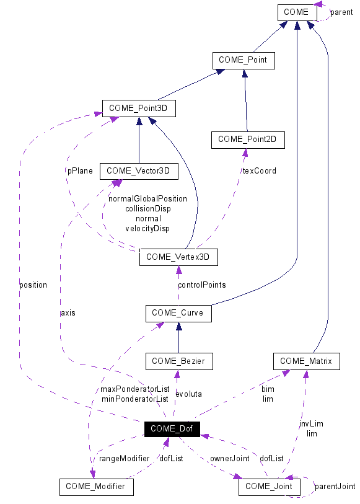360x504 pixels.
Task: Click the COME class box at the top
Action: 296,12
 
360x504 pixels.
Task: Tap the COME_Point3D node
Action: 139,108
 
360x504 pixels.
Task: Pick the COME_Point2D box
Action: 248,140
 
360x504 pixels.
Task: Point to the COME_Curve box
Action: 178,313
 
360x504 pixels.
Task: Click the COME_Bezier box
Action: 178,361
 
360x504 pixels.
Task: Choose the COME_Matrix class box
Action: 306,361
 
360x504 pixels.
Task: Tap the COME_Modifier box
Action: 96,487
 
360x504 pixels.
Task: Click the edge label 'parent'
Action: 341,12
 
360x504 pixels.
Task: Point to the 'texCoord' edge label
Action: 258,170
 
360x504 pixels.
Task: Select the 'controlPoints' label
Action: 201,285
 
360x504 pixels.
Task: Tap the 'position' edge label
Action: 33,285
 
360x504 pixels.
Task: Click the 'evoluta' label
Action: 188,394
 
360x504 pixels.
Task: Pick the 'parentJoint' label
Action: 335,487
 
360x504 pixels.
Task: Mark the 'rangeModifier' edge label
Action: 125,458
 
